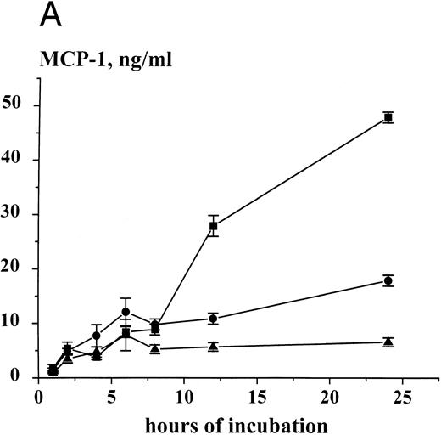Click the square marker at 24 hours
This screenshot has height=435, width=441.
tap(388, 117)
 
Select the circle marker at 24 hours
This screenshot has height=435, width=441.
tap(388, 280)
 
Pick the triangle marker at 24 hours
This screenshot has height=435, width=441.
tap(388, 342)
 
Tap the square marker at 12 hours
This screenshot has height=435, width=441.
tap(213, 226)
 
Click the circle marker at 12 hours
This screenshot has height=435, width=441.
tap(213, 319)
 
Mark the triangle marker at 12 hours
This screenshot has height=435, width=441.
tap(213, 346)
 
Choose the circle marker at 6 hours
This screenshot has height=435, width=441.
tap(126, 312)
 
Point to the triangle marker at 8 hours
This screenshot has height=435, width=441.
tap(154, 348)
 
